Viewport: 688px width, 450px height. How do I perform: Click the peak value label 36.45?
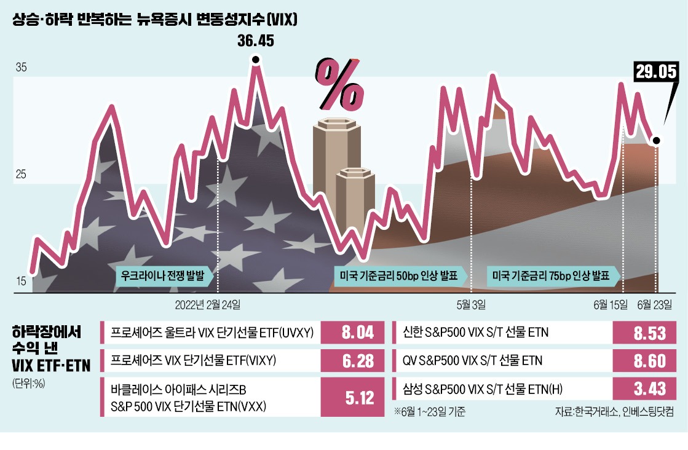point(255,42)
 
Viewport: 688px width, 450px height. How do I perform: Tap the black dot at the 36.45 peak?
point(255,60)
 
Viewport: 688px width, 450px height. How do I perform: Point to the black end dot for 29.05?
point(656,141)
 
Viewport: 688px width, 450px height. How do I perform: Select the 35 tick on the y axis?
point(20,68)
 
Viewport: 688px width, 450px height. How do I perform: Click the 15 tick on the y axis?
point(20,282)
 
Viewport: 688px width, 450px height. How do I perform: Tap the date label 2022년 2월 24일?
point(208,304)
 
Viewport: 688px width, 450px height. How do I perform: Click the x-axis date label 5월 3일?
point(471,304)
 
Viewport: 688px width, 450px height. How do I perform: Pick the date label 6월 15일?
point(611,304)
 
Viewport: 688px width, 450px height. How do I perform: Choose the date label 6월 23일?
point(655,304)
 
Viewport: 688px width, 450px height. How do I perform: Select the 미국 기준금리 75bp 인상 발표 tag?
point(552,276)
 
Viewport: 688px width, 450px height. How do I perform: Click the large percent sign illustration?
point(340,83)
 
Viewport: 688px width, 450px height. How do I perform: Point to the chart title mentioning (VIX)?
point(155,20)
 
